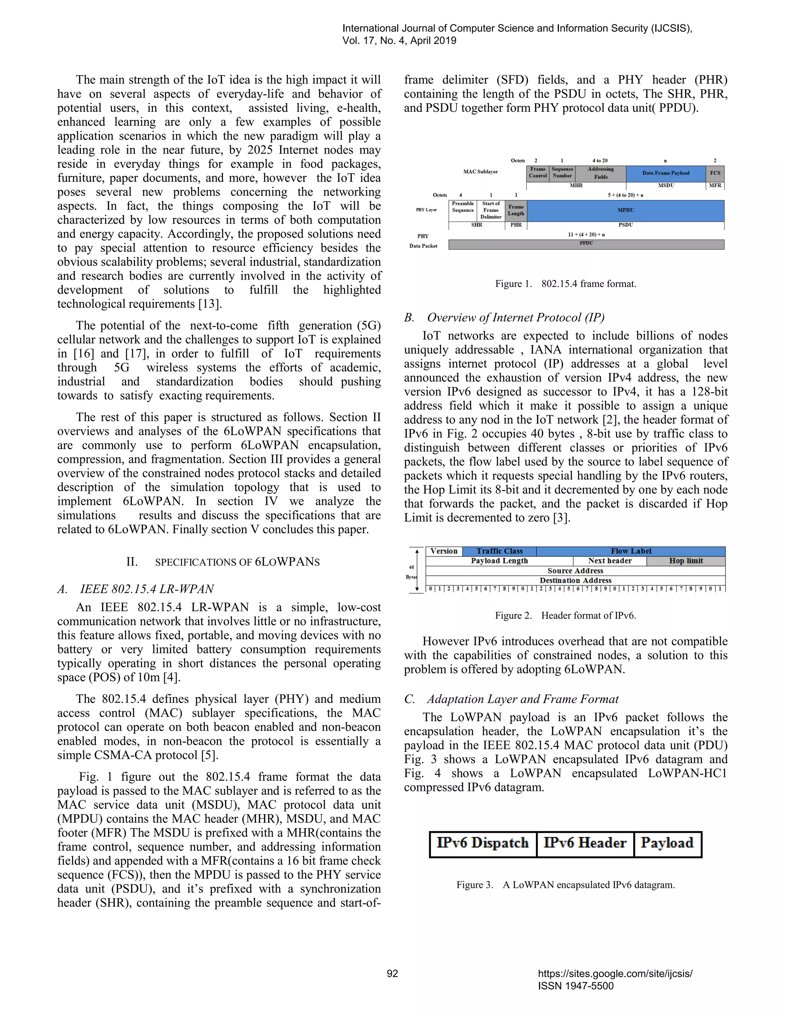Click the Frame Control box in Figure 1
click(538, 173)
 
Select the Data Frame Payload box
click(665, 173)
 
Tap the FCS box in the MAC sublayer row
click(715, 173)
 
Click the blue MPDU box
click(626, 210)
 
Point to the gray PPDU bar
click(586, 244)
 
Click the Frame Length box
click(516, 210)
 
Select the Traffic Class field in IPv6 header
click(499, 551)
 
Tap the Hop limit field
click(686, 561)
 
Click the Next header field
click(610, 561)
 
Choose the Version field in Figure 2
click(443, 551)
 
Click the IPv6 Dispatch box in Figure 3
click(483, 843)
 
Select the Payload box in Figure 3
click(667, 843)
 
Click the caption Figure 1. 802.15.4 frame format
click(565, 284)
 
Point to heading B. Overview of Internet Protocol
click(504, 318)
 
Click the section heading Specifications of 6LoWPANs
click(223, 562)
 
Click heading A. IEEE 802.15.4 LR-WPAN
click(135, 589)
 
